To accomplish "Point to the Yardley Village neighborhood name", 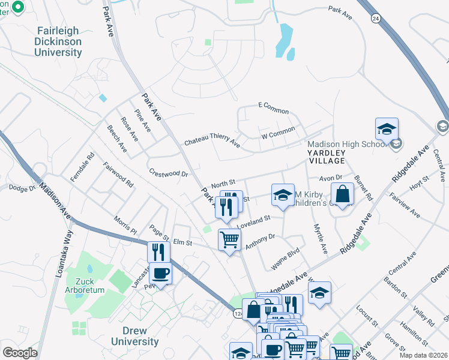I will point(327,157).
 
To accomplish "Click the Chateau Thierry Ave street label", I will point(212,142).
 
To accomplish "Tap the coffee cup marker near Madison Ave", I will point(160,274).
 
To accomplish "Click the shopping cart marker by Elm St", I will point(229,239).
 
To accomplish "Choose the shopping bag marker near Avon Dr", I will point(342,194).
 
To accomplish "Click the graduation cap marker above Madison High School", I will point(387,129).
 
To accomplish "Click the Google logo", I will point(20,352).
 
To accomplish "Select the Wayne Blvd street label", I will point(285,259).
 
